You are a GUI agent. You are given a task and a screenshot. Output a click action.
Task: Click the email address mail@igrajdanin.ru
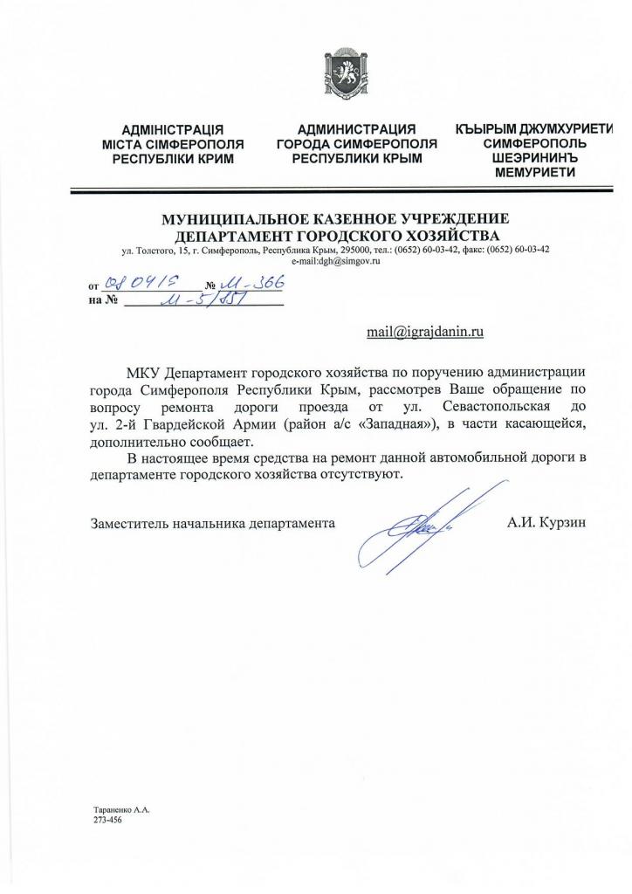pos(425,331)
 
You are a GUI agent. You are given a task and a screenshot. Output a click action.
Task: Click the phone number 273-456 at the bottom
pos(108,821)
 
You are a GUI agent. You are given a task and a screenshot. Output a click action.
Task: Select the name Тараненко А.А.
pos(121,809)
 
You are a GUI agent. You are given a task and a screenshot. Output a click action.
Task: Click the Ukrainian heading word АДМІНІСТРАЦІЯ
pos(173,130)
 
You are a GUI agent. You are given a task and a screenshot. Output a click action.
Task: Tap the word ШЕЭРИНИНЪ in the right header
pos(534,158)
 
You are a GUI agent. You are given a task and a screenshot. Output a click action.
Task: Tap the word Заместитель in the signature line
pos(128,523)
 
